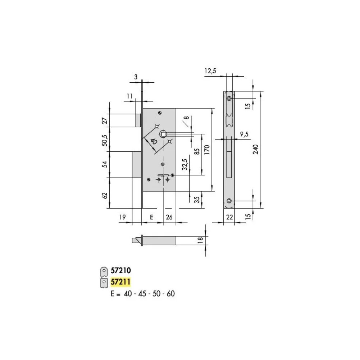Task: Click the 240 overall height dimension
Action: coord(256,149)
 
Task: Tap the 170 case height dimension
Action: coord(207,150)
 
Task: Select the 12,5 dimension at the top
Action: coord(210,71)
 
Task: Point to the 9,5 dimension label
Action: coord(244,134)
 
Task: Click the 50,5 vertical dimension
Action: coord(105,140)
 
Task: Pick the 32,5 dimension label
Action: coord(185,164)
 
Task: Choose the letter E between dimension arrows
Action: coord(151,217)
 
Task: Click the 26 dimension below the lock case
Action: coord(169,217)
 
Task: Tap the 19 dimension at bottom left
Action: coord(122,217)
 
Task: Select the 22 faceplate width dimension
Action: coord(229,217)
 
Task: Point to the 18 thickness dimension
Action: coord(200,240)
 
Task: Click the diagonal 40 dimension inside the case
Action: coord(153,141)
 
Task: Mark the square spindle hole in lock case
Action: coord(163,134)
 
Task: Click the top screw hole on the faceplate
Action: coord(229,99)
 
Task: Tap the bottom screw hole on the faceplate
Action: coord(229,201)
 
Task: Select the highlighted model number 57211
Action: coord(120,282)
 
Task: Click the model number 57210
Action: coord(121,270)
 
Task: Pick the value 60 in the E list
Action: coord(170,294)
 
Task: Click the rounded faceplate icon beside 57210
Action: coord(104,272)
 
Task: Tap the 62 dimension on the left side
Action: coord(105,196)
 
